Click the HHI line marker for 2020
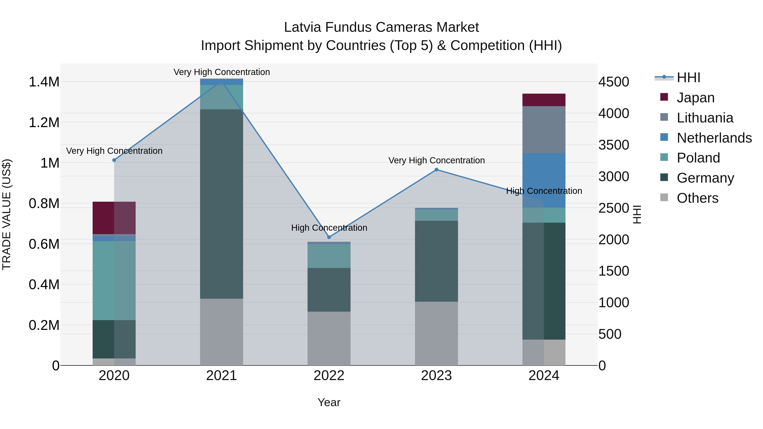click(114, 160)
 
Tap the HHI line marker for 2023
click(436, 170)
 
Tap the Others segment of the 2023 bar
click(436, 333)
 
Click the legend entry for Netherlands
click(714, 138)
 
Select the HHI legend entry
click(688, 78)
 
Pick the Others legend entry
click(697, 198)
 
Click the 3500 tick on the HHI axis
click(613, 145)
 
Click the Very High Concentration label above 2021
click(221, 72)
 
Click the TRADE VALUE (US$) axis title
click(7, 214)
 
